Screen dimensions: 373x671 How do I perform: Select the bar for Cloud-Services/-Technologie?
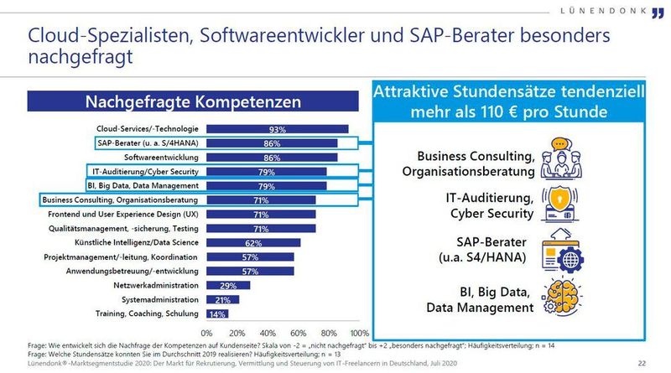click(277, 129)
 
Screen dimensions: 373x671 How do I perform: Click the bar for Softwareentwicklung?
click(271, 158)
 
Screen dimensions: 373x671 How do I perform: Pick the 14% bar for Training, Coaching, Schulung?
click(216, 313)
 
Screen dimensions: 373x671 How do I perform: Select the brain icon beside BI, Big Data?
click(561, 299)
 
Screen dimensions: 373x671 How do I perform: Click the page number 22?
click(642, 362)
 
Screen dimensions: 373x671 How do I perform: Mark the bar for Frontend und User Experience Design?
click(260, 215)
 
